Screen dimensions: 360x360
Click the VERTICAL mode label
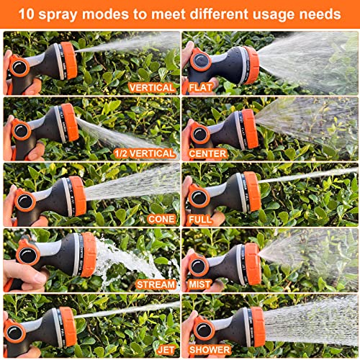151,87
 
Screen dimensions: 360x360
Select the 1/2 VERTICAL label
145,153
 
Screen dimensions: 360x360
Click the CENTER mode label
208,153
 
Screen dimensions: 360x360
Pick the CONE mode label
161,218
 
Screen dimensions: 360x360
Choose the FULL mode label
201,218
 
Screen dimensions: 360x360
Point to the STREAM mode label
155,284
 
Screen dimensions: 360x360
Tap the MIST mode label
201,284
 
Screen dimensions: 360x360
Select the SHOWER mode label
210,349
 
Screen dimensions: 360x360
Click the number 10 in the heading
27,14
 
